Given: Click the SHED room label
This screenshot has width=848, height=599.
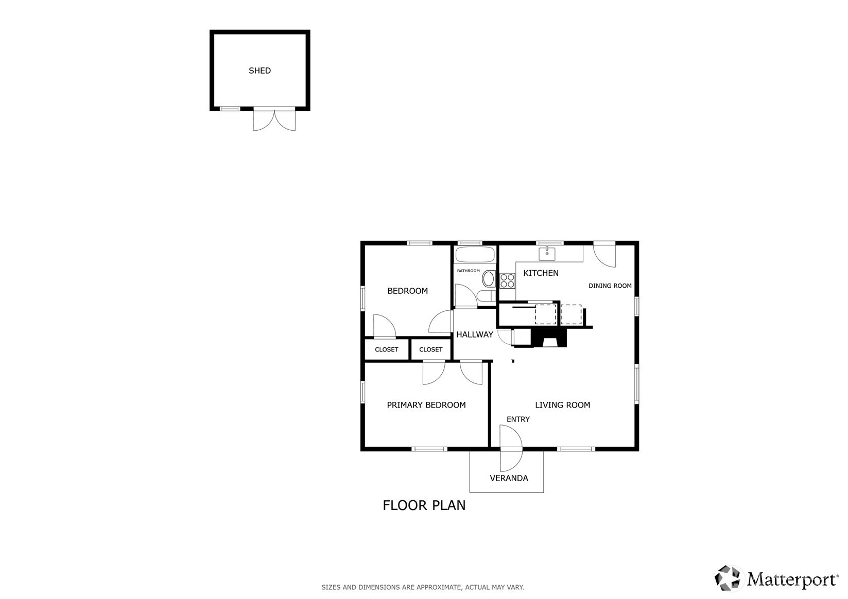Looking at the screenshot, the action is [x=259, y=71].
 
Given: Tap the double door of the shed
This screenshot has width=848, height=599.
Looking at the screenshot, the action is [x=274, y=119].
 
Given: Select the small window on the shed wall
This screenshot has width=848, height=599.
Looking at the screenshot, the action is [x=230, y=109].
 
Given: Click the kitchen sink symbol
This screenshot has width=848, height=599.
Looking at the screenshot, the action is [x=547, y=254].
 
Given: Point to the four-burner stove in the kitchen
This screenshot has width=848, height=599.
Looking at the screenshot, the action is [x=507, y=281].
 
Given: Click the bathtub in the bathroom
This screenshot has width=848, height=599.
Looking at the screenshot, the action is [x=475, y=254].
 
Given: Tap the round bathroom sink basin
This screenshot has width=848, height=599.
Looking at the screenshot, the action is [x=489, y=279].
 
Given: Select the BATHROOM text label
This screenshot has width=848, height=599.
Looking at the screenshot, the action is [x=469, y=271].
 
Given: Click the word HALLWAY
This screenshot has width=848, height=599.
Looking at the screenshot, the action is [x=475, y=334].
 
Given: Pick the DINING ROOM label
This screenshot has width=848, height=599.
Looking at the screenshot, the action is [x=610, y=286].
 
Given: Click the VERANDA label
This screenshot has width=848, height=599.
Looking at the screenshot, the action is [x=509, y=478].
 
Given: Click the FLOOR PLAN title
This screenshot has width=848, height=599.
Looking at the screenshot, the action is [x=424, y=505].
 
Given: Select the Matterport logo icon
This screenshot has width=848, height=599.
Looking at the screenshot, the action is [x=728, y=578].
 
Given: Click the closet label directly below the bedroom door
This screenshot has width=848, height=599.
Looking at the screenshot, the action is [x=387, y=349].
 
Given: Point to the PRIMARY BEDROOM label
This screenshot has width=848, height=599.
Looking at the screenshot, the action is [x=426, y=405].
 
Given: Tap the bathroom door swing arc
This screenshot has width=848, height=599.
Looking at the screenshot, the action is [x=465, y=296].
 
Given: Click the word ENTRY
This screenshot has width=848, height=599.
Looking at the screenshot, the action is [x=518, y=419].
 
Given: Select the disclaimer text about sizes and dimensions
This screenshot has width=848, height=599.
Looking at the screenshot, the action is [x=423, y=587].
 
